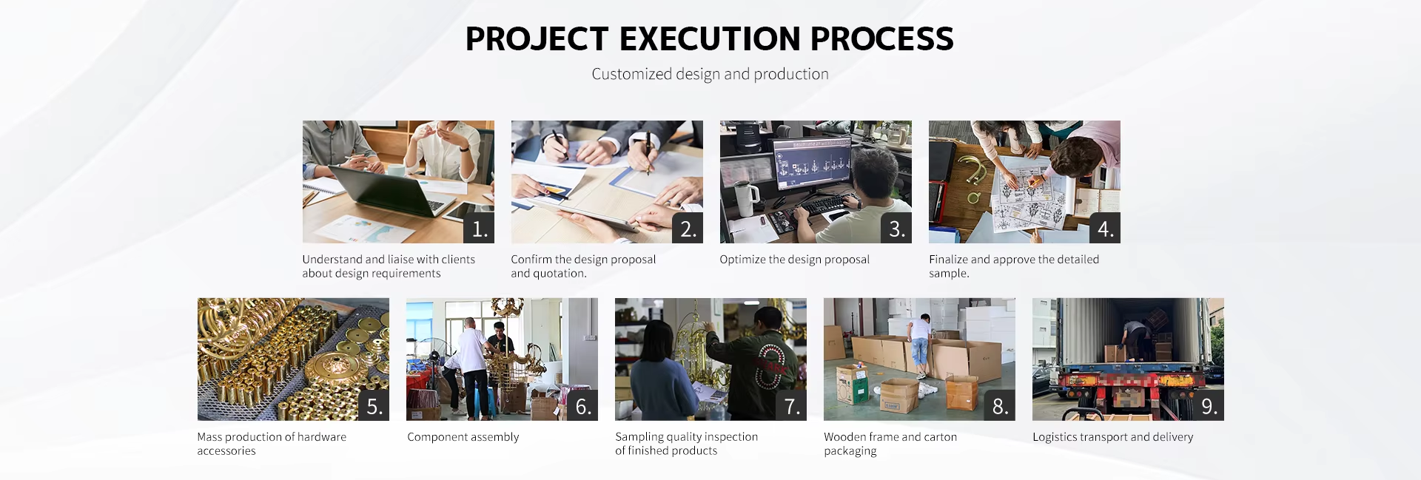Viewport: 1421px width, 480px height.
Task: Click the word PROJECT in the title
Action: pyautogui.click(x=537, y=39)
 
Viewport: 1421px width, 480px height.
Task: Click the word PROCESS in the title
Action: pyautogui.click(x=881, y=39)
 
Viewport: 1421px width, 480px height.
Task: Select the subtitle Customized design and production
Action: pyautogui.click(x=710, y=74)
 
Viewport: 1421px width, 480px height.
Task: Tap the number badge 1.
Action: pyautogui.click(x=479, y=229)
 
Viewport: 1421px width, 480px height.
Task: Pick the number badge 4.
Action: pyautogui.click(x=1105, y=229)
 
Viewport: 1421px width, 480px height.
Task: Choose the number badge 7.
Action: pyautogui.click(x=791, y=406)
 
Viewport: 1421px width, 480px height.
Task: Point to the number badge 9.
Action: pyautogui.click(x=1209, y=406)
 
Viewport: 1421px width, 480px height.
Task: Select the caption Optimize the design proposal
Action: pyautogui.click(x=794, y=260)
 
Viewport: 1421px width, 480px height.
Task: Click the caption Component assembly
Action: pyautogui.click(x=463, y=437)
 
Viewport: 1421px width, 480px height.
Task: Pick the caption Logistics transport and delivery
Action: pyautogui.click(x=1113, y=437)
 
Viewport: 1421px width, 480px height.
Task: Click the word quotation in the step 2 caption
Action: pyautogui.click(x=560, y=274)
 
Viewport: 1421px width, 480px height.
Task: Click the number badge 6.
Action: pyautogui.click(x=582, y=406)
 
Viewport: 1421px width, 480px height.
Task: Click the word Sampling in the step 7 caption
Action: pyautogui.click(x=638, y=437)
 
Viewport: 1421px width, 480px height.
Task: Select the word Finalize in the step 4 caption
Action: pyautogui.click(x=948, y=260)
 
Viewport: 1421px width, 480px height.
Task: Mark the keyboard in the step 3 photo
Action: pyautogui.click(x=821, y=206)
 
